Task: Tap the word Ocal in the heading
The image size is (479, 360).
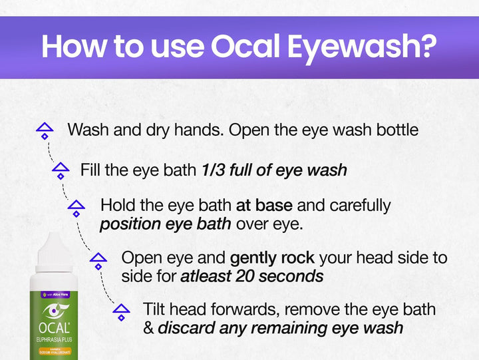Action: (248, 47)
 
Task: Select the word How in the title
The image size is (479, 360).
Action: (73, 47)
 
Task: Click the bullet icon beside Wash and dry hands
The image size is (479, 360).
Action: (45, 130)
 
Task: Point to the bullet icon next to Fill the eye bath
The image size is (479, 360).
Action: (61, 170)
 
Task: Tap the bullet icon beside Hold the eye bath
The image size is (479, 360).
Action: (77, 208)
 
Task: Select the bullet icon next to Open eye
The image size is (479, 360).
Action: (98, 260)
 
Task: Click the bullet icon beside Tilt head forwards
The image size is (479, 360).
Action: (120, 312)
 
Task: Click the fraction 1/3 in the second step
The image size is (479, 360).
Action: (214, 170)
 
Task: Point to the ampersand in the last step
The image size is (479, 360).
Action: (148, 328)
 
